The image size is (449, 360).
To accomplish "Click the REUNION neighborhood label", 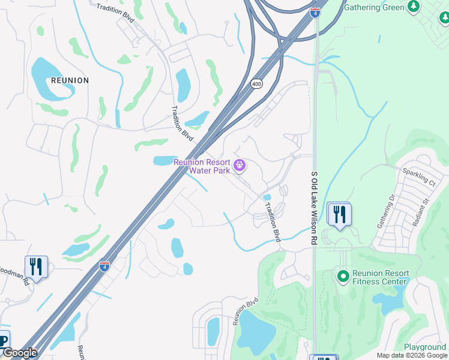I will point(70,80).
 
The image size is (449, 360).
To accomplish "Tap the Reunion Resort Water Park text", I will point(201,166).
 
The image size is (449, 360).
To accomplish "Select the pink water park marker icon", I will point(240,164).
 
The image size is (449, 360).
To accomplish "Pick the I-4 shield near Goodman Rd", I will point(104,265).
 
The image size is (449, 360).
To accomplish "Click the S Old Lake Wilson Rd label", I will point(314,207).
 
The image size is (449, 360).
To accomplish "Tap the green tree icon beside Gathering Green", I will point(413,6).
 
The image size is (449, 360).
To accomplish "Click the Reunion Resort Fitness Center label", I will point(381,277).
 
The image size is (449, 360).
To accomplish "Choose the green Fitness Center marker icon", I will point(343,277).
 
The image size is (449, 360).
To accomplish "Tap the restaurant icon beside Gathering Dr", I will point(340,215).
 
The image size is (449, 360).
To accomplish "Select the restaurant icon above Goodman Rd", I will point(36,267).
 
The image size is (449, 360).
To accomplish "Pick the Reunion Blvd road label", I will point(245,311).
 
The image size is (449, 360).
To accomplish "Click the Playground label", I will point(424,347).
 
